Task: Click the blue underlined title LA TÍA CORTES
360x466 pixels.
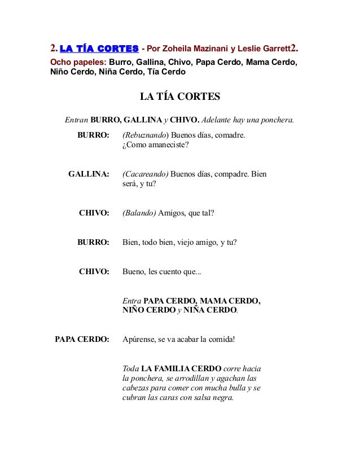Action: point(99,47)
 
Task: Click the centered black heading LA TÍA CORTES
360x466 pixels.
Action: point(179,98)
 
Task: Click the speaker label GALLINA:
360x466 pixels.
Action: point(89,174)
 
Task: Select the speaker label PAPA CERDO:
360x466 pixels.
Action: point(81,340)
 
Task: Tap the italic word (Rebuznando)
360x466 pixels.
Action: point(145,135)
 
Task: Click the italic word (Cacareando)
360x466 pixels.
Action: point(144,174)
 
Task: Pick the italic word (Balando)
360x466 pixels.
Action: point(139,213)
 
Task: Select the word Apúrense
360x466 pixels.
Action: point(140,340)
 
